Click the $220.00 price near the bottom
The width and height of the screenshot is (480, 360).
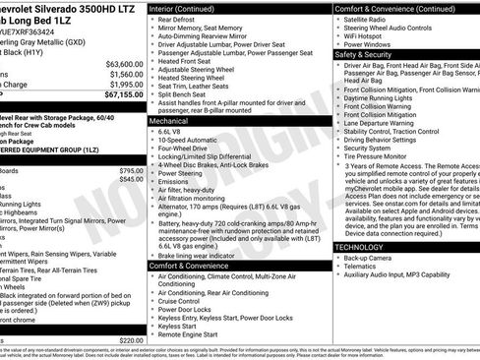pos(131,340)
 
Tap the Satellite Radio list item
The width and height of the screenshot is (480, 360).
pos(367,19)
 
